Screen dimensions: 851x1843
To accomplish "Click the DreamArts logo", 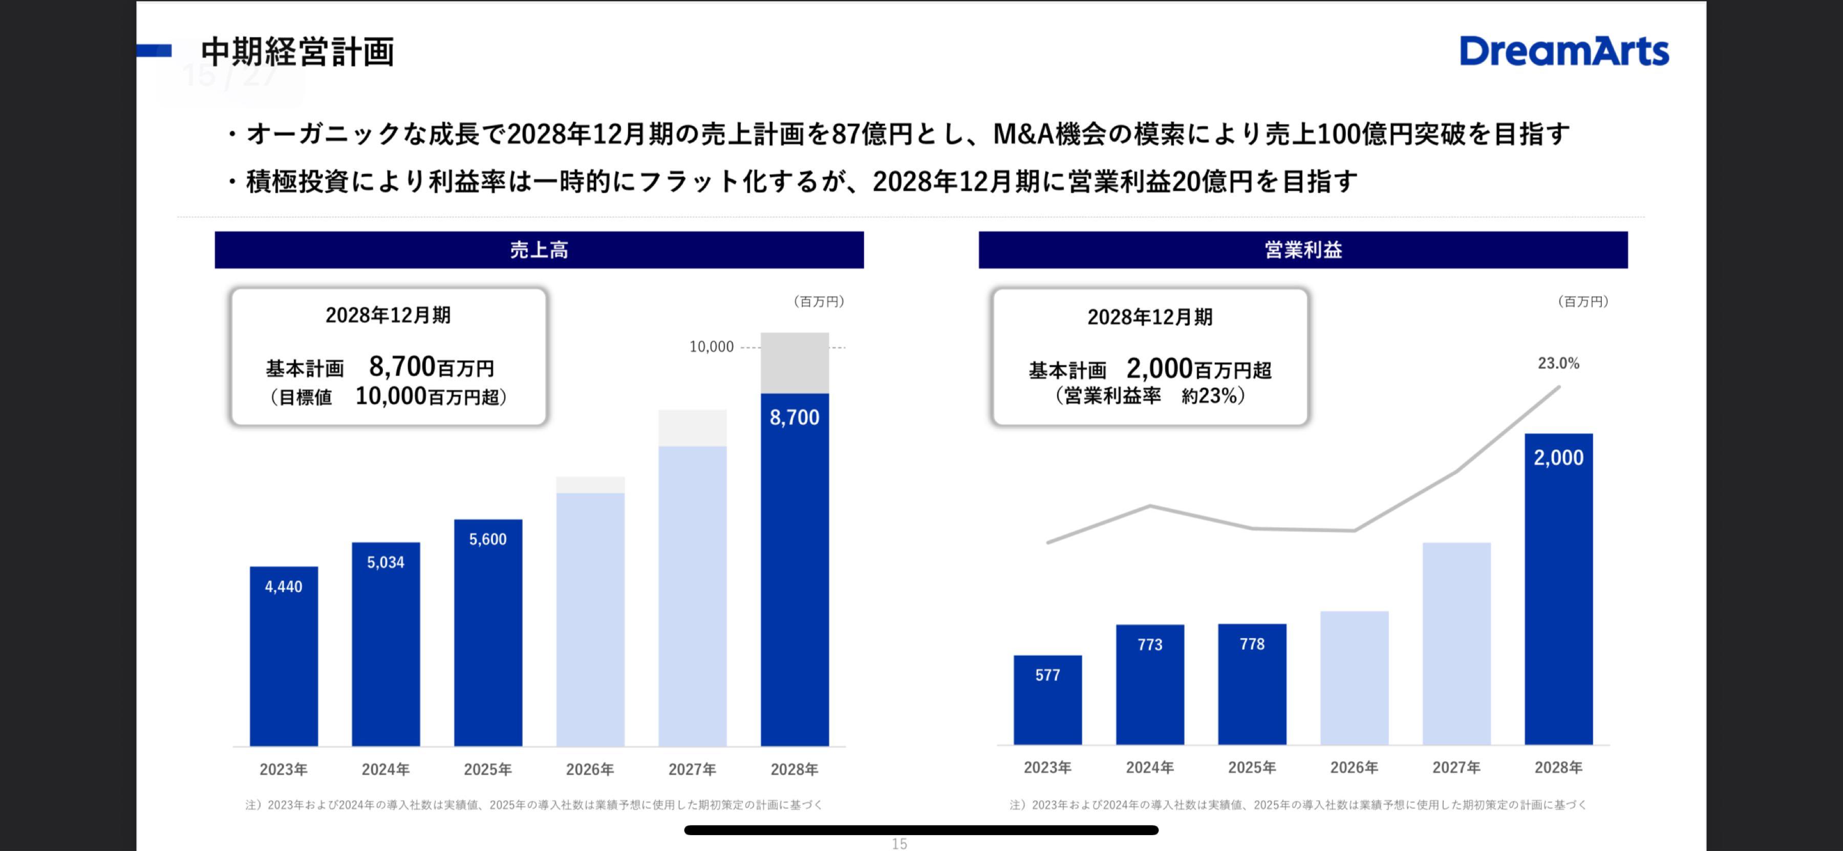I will click(x=1564, y=52).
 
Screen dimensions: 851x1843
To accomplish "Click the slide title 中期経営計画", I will click(x=297, y=52).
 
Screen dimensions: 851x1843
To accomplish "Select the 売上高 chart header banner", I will click(x=539, y=250).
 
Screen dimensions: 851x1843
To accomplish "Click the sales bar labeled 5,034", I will click(x=385, y=644).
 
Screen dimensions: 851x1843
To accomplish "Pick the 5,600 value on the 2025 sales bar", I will click(x=487, y=539).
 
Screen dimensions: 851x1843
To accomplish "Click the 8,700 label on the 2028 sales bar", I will click(x=794, y=417).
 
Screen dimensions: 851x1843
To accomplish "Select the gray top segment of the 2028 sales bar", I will click(x=794, y=363).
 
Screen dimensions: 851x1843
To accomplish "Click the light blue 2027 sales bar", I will click(x=692, y=594).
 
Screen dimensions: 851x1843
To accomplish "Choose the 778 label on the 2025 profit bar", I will click(x=1252, y=644).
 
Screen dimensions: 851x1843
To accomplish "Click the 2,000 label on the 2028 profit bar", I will click(x=1558, y=458).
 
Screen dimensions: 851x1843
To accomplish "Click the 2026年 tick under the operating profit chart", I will click(x=1354, y=767).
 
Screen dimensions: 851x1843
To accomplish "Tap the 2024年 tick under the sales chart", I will click(x=385, y=770).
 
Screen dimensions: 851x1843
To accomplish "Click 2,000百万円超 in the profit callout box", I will click(x=1198, y=369).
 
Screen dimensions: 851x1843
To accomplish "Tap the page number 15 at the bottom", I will click(x=899, y=844).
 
